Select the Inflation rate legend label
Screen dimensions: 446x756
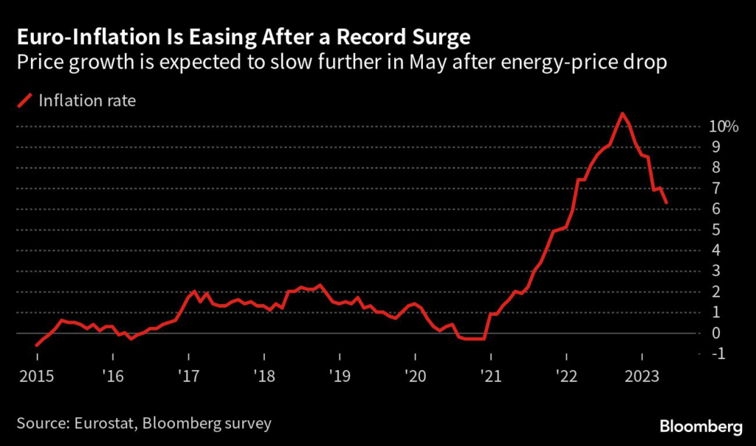tap(88, 100)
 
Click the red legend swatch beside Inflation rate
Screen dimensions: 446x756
tap(26, 100)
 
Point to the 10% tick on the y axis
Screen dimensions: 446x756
tap(724, 127)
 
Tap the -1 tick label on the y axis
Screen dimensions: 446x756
tap(716, 354)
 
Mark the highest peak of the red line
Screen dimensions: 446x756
tap(622, 114)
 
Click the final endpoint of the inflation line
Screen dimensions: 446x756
tap(667, 203)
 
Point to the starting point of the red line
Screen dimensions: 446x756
tap(37, 345)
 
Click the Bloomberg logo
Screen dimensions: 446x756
tap(700, 426)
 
